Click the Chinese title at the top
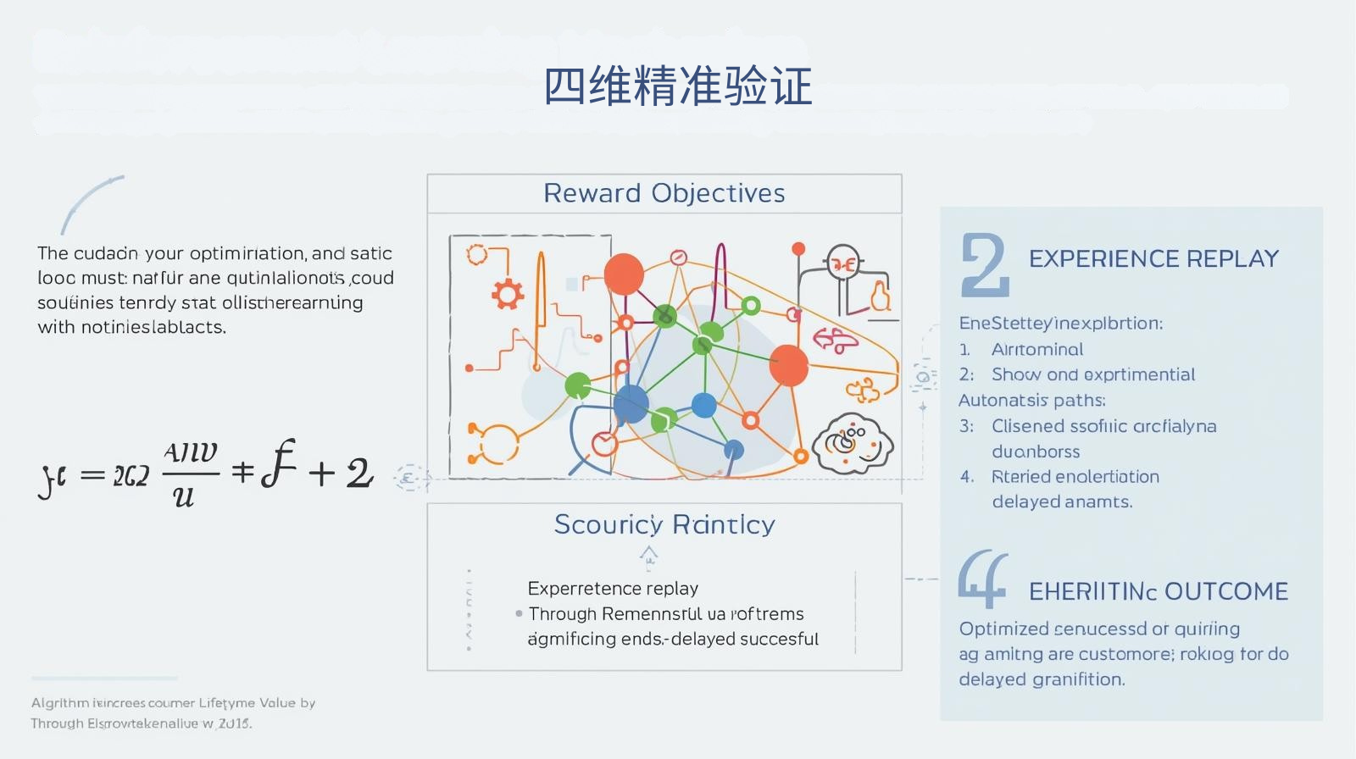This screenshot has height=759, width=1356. (677, 86)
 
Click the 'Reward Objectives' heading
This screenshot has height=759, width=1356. (664, 193)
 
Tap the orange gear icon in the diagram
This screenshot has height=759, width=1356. (508, 294)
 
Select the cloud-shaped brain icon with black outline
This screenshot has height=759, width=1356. (853, 442)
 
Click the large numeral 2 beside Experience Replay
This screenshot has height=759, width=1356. (984, 266)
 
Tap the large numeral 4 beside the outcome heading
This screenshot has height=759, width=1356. (982, 579)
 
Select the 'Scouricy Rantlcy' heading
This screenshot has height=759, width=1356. (664, 524)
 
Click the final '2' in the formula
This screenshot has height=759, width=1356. (359, 473)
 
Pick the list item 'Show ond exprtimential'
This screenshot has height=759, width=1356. (1092, 374)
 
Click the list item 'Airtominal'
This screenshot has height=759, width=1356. (1036, 349)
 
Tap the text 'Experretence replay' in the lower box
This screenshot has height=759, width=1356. (613, 588)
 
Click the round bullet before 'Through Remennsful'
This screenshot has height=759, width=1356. (519, 613)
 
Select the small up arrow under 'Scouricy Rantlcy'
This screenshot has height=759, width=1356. (648, 556)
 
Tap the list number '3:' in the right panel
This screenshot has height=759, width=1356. (966, 426)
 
